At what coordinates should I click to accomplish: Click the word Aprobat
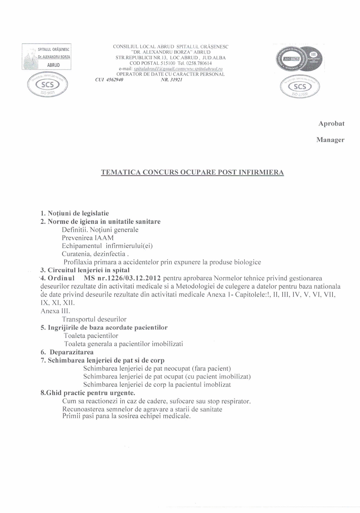pos(331,124)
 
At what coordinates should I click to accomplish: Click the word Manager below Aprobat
pos(330,140)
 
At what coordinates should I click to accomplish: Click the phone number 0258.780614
pos(199,63)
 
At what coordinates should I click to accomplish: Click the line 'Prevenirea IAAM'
pos(88,238)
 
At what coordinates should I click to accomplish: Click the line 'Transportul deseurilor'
pos(94,319)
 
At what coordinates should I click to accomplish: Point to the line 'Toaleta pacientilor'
pos(91,336)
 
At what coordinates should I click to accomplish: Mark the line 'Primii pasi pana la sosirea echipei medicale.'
pos(126,416)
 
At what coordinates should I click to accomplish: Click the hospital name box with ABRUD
pos(46,56)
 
